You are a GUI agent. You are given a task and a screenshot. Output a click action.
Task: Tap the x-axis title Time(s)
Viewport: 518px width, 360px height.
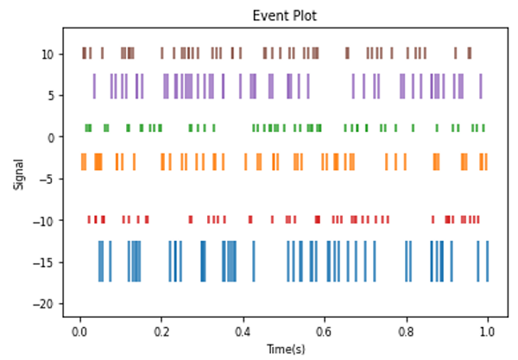[x=284, y=349]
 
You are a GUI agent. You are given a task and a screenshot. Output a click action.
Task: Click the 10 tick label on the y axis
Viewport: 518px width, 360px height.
[x=49, y=54]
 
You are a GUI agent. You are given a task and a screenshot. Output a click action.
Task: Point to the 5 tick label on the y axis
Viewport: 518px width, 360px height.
[x=53, y=95]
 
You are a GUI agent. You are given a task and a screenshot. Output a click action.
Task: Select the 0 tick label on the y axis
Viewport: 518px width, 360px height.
[x=53, y=137]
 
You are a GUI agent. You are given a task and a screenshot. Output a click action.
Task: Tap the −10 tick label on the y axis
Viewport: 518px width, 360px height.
[x=46, y=221]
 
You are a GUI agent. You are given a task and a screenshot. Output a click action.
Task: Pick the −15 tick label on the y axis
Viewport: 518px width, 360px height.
[x=46, y=262]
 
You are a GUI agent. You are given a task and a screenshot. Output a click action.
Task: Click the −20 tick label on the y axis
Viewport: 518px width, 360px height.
[x=46, y=304]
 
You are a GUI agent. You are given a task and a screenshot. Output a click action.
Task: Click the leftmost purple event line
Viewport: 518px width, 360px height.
[x=94, y=86]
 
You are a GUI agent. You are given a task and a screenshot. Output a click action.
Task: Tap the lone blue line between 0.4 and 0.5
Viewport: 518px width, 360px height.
[x=254, y=261]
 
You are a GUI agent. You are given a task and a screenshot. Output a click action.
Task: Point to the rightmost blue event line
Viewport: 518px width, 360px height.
[x=488, y=261]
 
